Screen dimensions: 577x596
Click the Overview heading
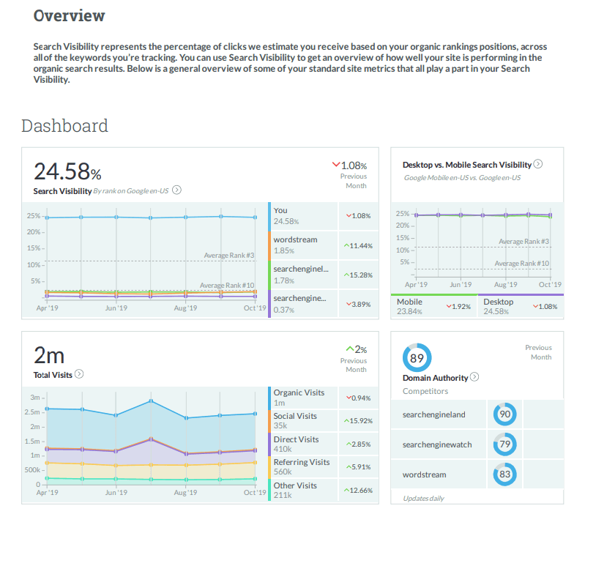[70, 15]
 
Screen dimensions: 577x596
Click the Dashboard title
[64, 126]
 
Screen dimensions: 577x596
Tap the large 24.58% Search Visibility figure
[67, 171]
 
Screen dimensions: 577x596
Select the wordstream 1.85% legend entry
[295, 245]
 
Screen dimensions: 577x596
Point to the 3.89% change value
[357, 304]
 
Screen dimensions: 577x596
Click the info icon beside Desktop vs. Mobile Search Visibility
[538, 165]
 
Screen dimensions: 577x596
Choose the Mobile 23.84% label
[409, 306]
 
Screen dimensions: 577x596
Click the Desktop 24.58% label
[499, 306]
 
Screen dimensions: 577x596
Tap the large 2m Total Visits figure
[49, 355]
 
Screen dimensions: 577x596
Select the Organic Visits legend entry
[299, 398]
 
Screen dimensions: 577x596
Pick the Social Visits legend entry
[295, 420]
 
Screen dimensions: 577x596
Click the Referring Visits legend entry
[302, 467]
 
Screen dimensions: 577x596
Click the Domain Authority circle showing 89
[417, 358]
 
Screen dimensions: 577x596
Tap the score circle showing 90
[505, 414]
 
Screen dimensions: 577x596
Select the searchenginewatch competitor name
[437, 444]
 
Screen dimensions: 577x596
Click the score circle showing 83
[505, 474]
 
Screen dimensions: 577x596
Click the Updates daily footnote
[423, 498]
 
